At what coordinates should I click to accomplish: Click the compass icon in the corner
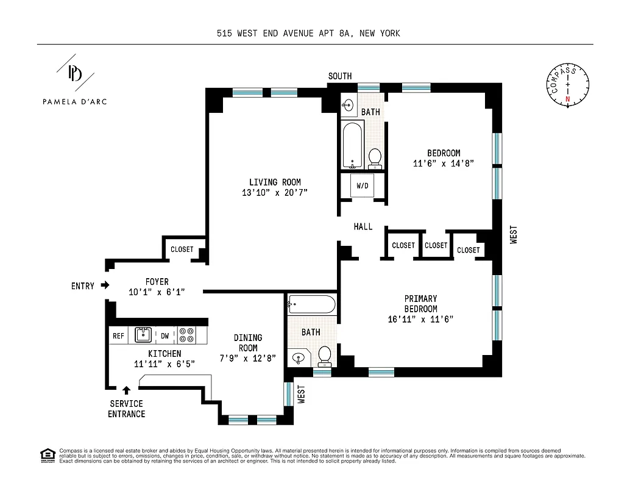(x=568, y=85)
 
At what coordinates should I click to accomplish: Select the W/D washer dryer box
(x=363, y=185)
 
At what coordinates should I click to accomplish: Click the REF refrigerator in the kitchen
(x=118, y=335)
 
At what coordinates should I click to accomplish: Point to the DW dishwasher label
(x=165, y=335)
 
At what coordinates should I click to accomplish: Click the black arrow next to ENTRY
(x=105, y=285)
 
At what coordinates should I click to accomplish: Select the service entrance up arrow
(x=127, y=390)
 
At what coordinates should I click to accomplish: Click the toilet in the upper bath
(x=375, y=157)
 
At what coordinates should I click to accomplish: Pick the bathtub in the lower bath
(x=311, y=304)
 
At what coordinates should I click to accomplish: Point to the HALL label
(x=363, y=227)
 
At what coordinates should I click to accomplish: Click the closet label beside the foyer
(x=182, y=249)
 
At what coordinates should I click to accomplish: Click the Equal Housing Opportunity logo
(x=46, y=454)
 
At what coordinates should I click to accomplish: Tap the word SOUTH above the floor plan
(x=340, y=76)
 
